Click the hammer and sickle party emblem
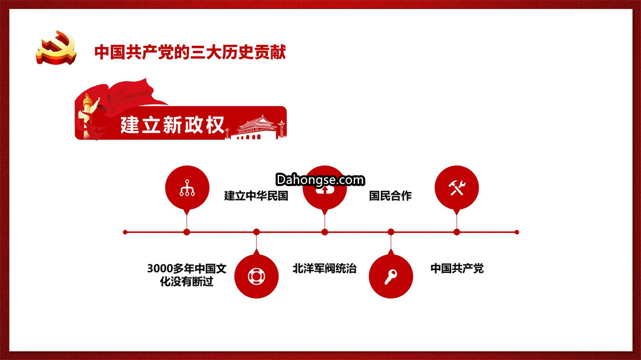(x=56, y=47)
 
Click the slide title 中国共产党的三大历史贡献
(x=190, y=52)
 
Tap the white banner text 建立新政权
(x=173, y=125)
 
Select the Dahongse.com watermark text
(x=320, y=180)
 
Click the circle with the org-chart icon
(x=187, y=187)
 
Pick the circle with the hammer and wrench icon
(x=456, y=187)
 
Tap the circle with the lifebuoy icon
(x=256, y=276)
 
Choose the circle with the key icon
(x=391, y=276)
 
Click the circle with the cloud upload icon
(x=325, y=188)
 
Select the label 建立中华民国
(x=256, y=196)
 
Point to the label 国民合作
(x=391, y=196)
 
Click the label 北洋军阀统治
(x=325, y=269)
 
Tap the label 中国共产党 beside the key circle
(x=457, y=269)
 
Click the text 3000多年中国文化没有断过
(x=187, y=275)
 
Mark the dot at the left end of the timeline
(x=125, y=232)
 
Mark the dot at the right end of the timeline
(x=517, y=232)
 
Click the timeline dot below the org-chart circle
(x=187, y=232)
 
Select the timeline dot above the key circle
(x=391, y=232)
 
